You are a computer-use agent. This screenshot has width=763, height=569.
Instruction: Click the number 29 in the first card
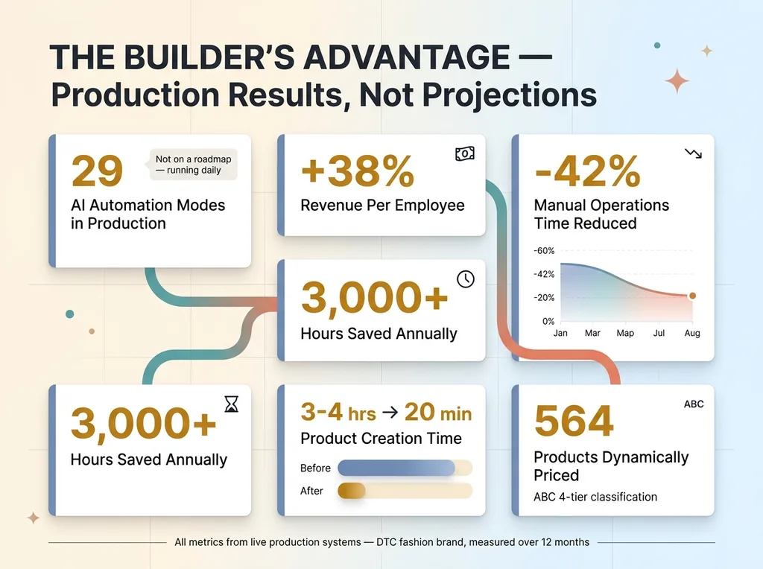[x=97, y=172]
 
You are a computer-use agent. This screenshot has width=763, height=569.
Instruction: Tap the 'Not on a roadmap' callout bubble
[x=193, y=164]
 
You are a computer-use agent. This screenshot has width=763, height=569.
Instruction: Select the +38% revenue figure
[x=357, y=173]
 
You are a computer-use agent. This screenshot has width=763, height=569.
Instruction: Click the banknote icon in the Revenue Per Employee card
[x=464, y=153]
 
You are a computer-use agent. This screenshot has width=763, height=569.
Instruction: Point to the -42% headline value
[x=587, y=172]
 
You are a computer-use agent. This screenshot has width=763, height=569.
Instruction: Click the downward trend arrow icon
[x=693, y=153]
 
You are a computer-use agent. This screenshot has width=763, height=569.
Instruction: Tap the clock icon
[x=465, y=279]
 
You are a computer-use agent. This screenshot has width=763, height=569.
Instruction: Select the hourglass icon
[x=231, y=404]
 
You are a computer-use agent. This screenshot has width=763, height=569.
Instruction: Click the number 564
[x=574, y=422]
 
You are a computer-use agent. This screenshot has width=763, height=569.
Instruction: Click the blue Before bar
[x=396, y=468]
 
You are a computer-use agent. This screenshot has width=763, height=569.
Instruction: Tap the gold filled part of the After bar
[x=352, y=491]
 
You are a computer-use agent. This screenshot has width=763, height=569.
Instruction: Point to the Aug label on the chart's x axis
[x=692, y=333]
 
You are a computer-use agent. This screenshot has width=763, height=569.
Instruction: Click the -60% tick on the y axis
[x=545, y=250]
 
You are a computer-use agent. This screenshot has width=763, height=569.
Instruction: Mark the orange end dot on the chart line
[x=692, y=296]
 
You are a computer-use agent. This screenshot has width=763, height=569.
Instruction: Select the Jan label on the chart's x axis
[x=560, y=333]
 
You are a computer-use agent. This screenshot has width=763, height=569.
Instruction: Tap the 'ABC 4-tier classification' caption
[x=595, y=497]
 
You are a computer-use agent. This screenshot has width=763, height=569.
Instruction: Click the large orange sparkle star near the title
[x=677, y=80]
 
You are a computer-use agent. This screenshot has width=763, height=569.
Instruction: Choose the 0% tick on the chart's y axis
[x=548, y=321]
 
